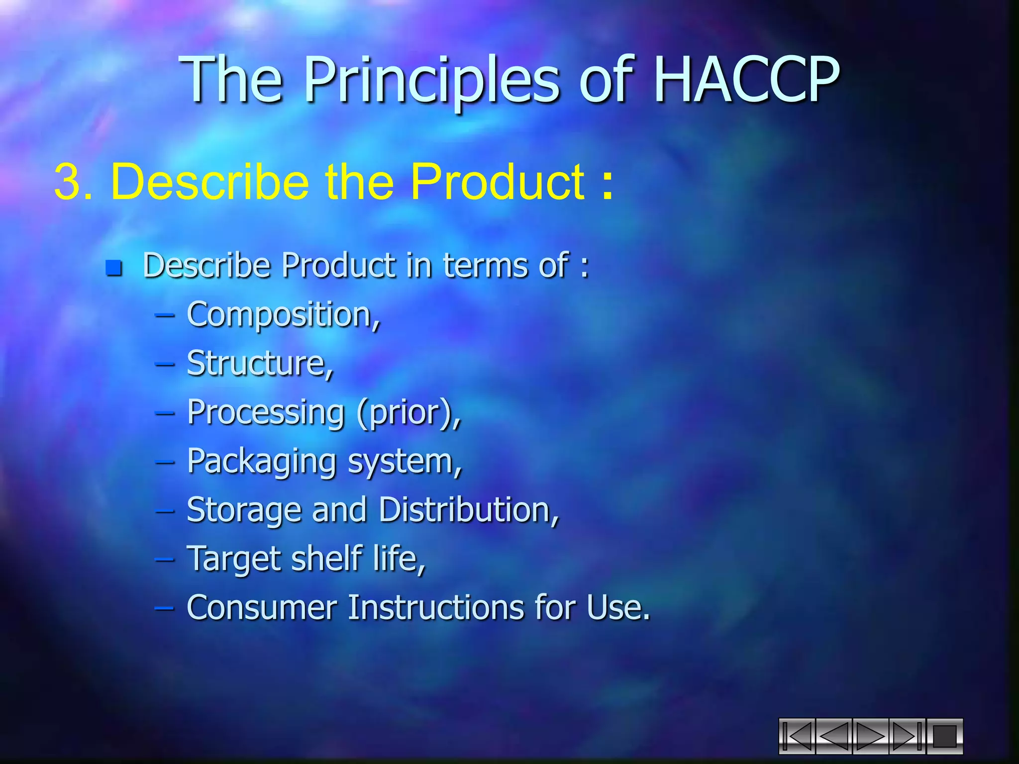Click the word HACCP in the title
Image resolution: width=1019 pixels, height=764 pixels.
coord(746,80)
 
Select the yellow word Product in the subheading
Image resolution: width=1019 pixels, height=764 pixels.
coord(498,182)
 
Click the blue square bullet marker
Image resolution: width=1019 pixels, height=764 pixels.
coord(114,268)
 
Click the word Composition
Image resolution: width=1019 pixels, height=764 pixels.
coord(282,315)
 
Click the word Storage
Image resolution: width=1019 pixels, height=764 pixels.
coord(244,510)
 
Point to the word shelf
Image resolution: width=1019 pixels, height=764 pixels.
coord(326,559)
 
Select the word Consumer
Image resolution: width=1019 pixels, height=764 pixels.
coord(262,607)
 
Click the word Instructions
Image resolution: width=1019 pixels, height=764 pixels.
coord(436,607)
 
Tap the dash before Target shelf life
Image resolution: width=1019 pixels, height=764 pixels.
coord(165,559)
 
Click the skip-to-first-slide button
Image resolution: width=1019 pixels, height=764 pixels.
coord(797,736)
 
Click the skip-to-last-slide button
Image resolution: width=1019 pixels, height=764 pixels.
coord(907,736)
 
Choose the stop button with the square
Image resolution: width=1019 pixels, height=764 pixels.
coord(944,736)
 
